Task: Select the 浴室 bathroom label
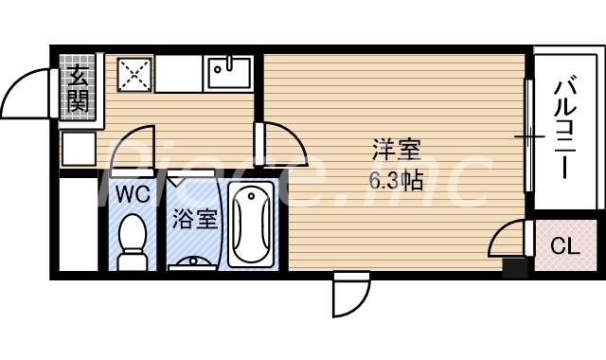click(195, 220)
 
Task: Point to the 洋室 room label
click(396, 150)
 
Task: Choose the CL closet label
click(564, 247)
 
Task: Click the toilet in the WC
click(133, 238)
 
